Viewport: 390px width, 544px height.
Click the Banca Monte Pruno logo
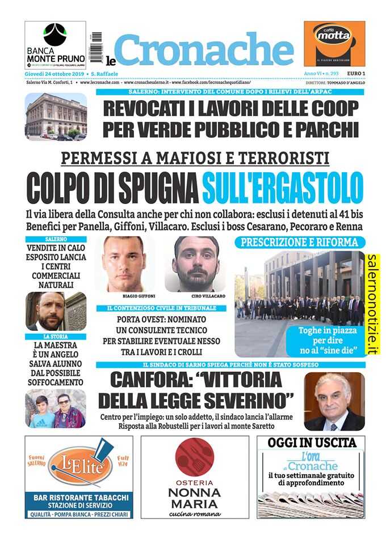click(55, 44)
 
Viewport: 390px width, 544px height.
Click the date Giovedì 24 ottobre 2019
click(53, 74)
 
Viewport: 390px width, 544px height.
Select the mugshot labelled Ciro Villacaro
click(196, 264)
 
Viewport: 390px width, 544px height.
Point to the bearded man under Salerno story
click(55, 311)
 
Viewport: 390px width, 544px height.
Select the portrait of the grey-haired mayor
click(334, 401)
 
